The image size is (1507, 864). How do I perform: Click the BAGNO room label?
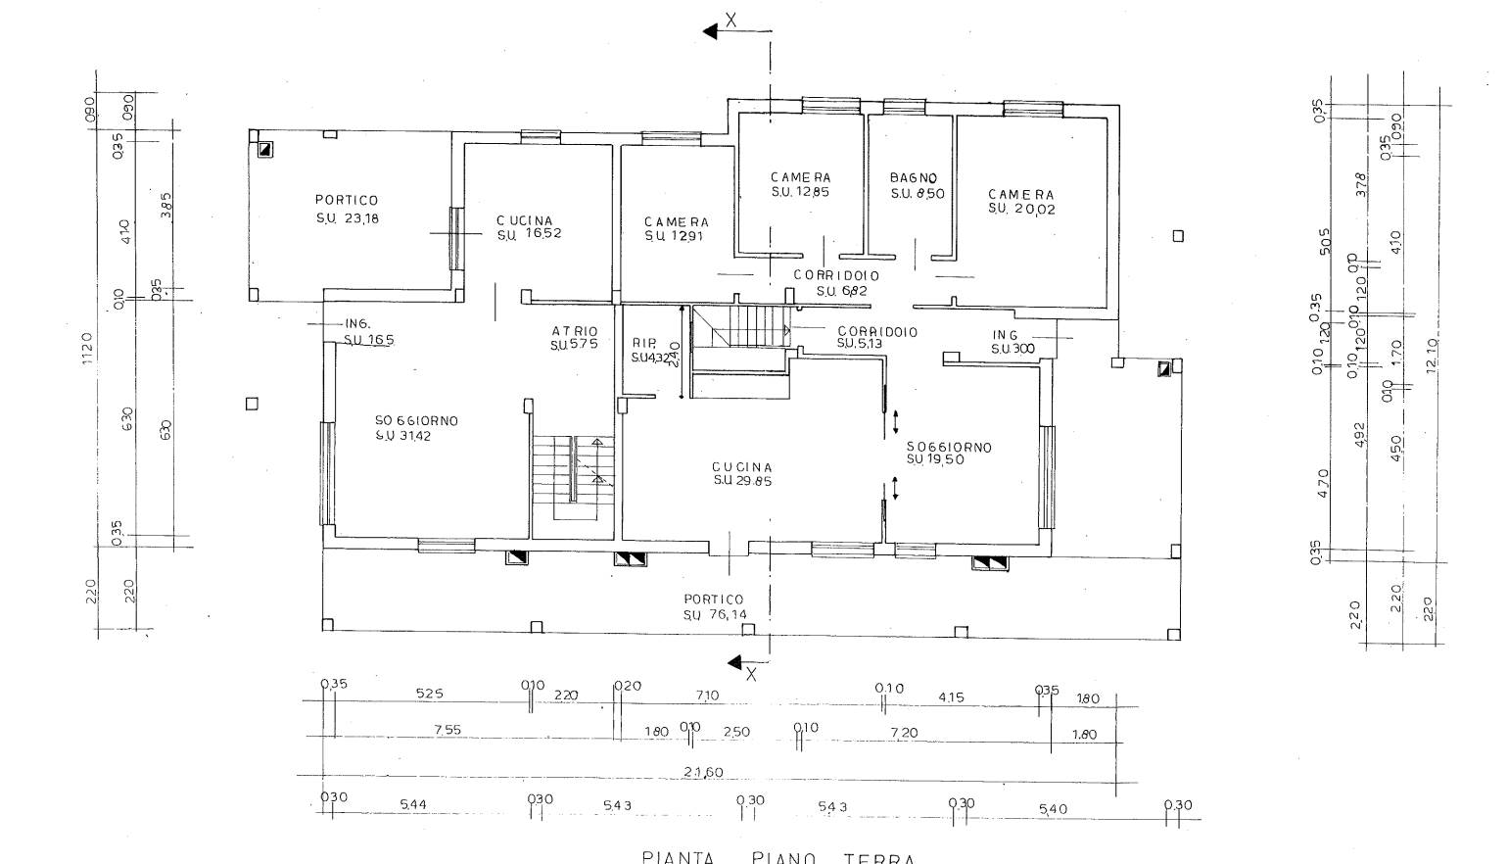point(914,177)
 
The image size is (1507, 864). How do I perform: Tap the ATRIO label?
point(574,332)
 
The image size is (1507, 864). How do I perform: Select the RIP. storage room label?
point(643,343)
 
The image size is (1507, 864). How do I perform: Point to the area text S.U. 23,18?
point(347,218)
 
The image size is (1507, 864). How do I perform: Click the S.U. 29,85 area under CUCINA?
point(742,481)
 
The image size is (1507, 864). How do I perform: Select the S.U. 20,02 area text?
point(1021,209)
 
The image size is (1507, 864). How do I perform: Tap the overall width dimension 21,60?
point(703,772)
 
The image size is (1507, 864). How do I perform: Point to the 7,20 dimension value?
point(904,733)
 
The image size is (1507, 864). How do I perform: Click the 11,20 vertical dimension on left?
point(87,350)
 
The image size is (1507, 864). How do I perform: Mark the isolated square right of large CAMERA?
point(1178,236)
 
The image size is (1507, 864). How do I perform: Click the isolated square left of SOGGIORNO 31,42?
point(252,404)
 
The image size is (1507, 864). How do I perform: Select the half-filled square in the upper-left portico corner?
point(265,150)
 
